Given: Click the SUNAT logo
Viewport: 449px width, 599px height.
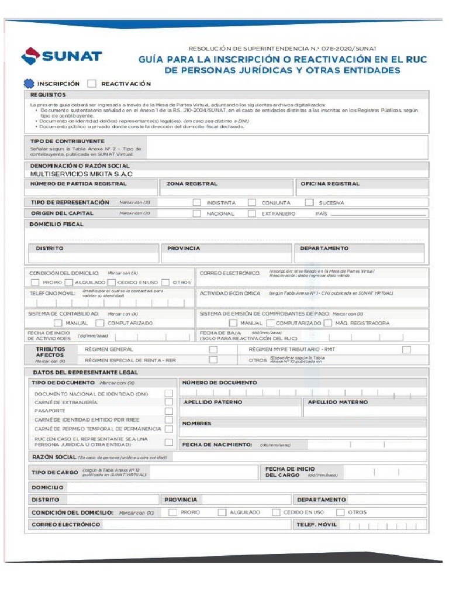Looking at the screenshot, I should (x=61, y=56).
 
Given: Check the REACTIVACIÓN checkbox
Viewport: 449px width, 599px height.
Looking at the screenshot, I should (x=92, y=84).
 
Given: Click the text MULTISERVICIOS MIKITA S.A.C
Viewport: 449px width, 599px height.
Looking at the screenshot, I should (x=81, y=174).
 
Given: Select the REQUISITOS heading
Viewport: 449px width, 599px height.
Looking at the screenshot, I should (x=48, y=95).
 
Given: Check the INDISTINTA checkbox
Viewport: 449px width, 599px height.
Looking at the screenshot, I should (x=197, y=202).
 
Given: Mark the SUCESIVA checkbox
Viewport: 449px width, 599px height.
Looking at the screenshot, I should (x=309, y=202).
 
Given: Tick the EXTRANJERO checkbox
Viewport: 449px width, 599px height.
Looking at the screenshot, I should (x=252, y=214).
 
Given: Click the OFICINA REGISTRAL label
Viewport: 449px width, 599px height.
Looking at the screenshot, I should (x=330, y=184).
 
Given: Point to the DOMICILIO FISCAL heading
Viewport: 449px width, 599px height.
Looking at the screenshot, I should (x=57, y=224).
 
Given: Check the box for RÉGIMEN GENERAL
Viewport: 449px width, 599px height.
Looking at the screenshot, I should (x=213, y=349).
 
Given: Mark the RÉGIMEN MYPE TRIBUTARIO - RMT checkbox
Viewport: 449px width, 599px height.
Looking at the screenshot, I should (x=406, y=349).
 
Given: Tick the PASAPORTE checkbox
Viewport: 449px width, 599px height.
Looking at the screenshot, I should (x=168, y=411).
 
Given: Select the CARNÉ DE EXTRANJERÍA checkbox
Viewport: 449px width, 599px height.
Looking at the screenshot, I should (x=168, y=402).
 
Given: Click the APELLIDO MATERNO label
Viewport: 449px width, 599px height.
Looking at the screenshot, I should (x=338, y=402).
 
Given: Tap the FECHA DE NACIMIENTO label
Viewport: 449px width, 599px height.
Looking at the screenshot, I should (x=216, y=445).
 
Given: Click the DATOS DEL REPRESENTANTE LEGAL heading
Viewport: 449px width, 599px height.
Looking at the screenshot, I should (x=85, y=372).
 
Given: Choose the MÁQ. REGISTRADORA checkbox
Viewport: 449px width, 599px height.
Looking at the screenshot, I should (x=328, y=323).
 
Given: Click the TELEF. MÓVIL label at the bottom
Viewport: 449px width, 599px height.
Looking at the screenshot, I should (x=316, y=525).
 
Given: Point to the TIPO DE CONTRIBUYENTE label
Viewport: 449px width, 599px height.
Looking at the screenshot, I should (x=67, y=141).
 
